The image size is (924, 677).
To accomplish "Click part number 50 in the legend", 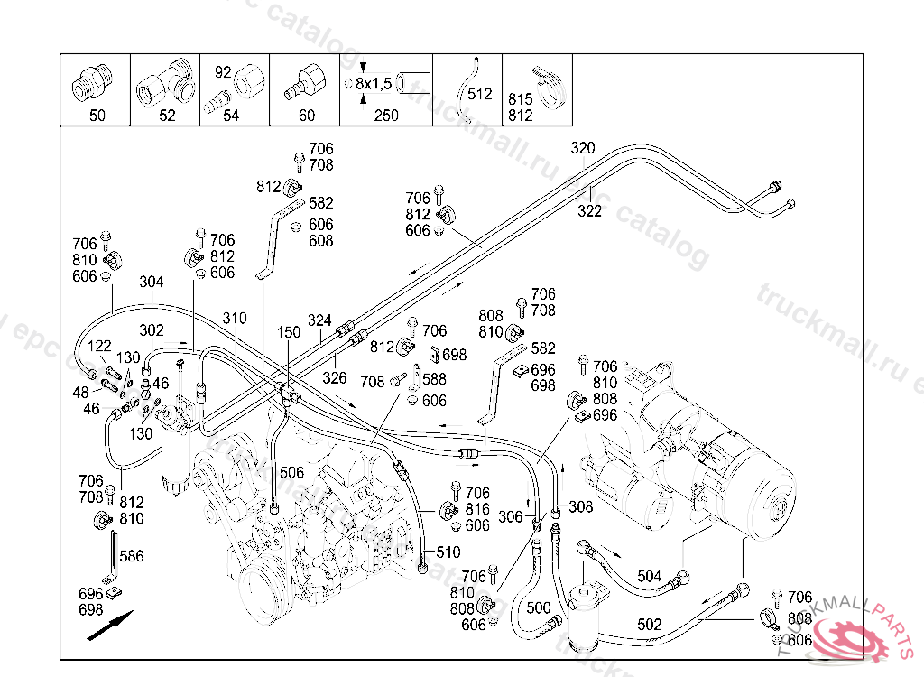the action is click(97, 116).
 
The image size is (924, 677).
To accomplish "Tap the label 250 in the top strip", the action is click(386, 116).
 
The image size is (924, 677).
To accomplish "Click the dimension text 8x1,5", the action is click(374, 84).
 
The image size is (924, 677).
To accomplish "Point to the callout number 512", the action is click(480, 94).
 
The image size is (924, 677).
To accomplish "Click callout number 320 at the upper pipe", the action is click(583, 149).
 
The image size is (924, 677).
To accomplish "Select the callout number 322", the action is click(589, 211).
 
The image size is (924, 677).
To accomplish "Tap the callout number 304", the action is click(152, 282).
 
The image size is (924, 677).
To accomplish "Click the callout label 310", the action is click(235, 319).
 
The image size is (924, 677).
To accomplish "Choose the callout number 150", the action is click(288, 333).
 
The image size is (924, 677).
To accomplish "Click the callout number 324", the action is click(319, 320).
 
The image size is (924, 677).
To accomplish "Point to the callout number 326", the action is click(336, 377).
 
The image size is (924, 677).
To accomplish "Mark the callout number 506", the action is click(291, 472).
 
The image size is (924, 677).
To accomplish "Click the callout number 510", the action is click(448, 552).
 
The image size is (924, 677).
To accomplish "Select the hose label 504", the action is click(650, 576).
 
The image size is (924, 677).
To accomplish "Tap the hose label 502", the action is click(650, 625).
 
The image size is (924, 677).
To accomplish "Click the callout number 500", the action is click(538, 608).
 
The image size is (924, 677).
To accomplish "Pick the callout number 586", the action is click(132, 557).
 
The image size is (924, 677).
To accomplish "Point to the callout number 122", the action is click(99, 345).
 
